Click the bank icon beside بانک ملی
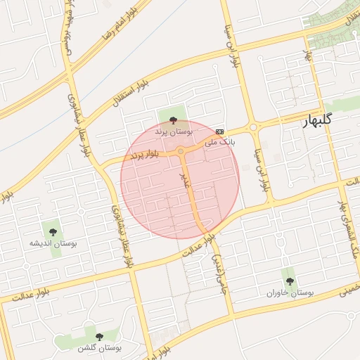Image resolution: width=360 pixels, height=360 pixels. click(x=220, y=131)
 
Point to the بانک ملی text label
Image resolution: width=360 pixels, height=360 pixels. click(x=219, y=141)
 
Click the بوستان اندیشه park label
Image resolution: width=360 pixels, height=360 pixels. click(x=53, y=243)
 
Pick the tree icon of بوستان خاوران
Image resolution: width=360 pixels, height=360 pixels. click(x=290, y=281)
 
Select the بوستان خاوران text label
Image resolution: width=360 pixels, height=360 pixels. click(x=290, y=292)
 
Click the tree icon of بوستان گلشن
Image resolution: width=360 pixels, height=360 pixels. click(x=98, y=337)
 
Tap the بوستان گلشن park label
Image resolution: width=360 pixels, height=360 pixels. click(x=98, y=347)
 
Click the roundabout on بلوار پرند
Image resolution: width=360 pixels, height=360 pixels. click(x=181, y=151)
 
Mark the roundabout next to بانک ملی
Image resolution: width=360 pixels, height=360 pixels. click(x=253, y=127)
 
